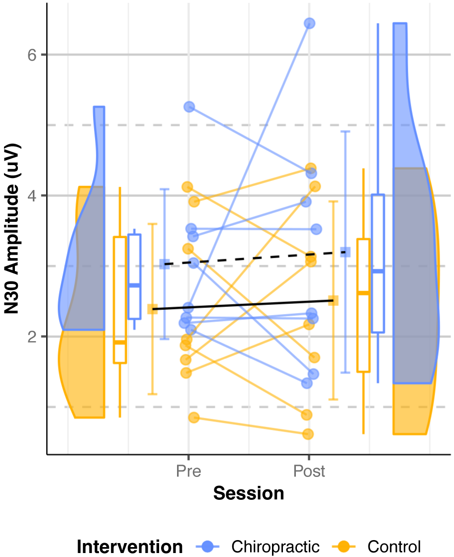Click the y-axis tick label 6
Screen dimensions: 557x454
click(33, 55)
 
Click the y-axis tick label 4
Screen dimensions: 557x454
click(33, 195)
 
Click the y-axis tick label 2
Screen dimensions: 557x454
click(33, 337)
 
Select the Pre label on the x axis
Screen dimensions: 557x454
click(188, 470)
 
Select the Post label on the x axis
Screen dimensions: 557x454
click(309, 470)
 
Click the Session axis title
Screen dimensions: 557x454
click(249, 493)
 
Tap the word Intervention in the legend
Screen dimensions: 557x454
click(130, 547)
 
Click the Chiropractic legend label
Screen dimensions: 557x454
click(275, 547)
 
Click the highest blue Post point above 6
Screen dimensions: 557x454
click(310, 23)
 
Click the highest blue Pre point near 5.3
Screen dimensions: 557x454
click(189, 107)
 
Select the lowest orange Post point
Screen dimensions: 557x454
click(308, 434)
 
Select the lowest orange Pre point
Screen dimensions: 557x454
click(194, 417)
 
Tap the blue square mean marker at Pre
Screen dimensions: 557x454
click(164, 264)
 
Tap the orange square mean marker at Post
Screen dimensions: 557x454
click(333, 300)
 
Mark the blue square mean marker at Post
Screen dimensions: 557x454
click(345, 252)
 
